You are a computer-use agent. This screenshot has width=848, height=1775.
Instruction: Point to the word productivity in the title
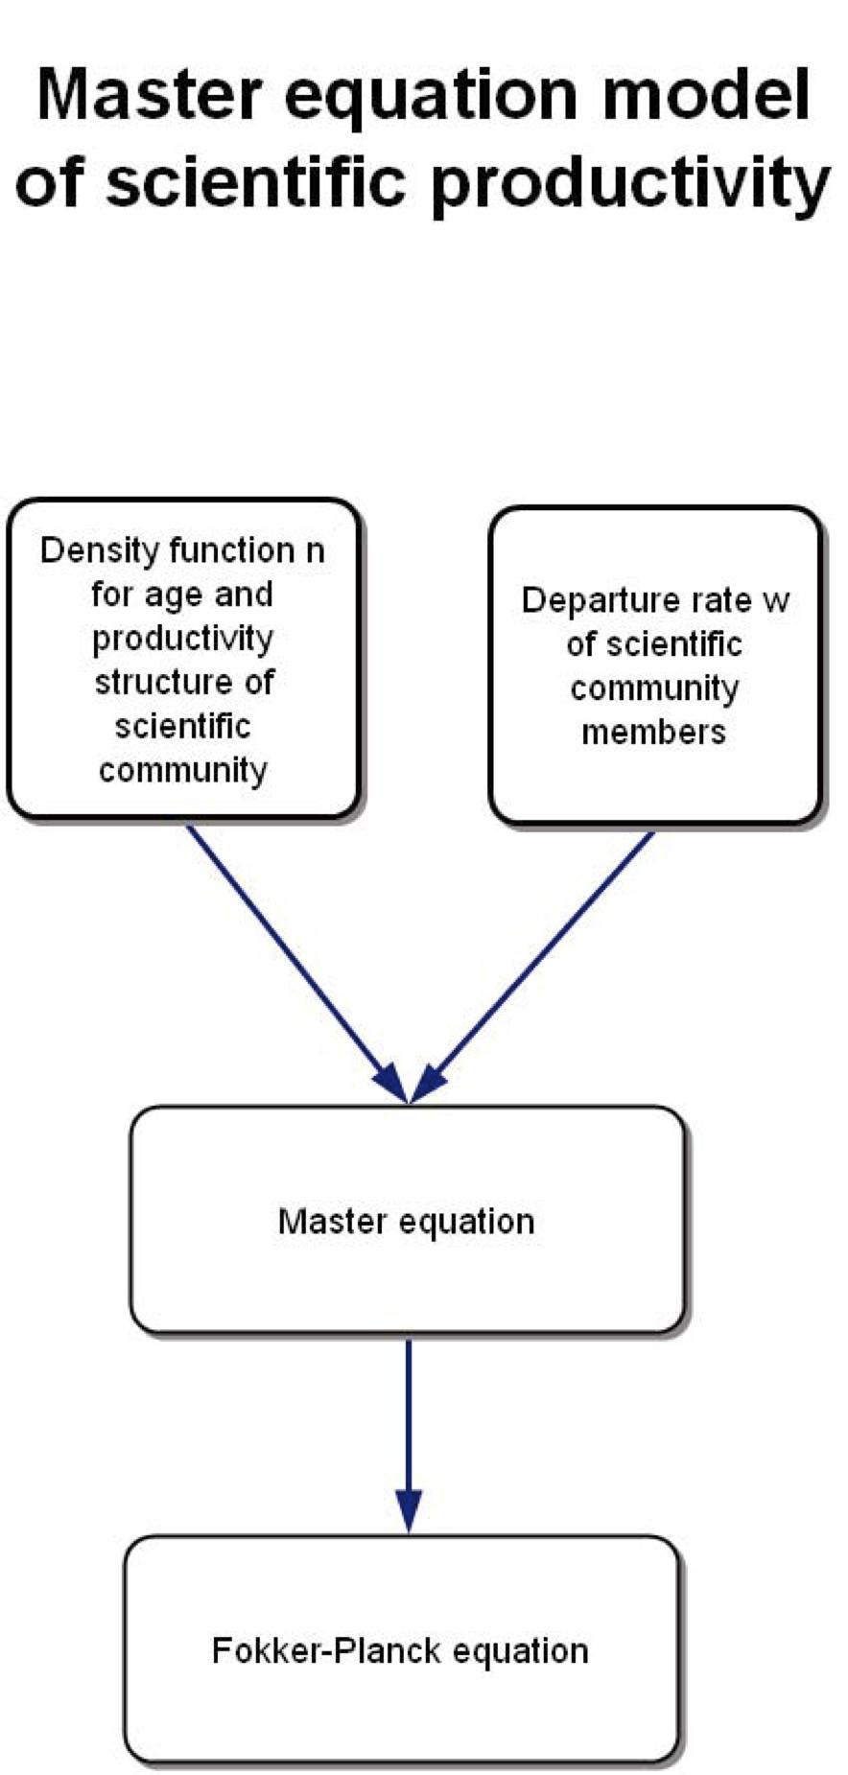click(x=629, y=182)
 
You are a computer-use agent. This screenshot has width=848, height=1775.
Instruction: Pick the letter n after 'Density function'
click(x=315, y=551)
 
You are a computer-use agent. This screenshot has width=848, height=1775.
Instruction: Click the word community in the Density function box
click(x=182, y=770)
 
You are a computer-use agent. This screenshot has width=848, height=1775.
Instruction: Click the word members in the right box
click(x=653, y=733)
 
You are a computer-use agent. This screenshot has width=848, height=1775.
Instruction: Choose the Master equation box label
click(x=406, y=1222)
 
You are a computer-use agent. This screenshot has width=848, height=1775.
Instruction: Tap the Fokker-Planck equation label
click(x=400, y=1651)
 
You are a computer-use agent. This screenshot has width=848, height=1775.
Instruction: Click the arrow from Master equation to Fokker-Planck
click(x=409, y=1419)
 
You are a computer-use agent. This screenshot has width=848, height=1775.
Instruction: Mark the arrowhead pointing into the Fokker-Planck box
click(x=409, y=1510)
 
